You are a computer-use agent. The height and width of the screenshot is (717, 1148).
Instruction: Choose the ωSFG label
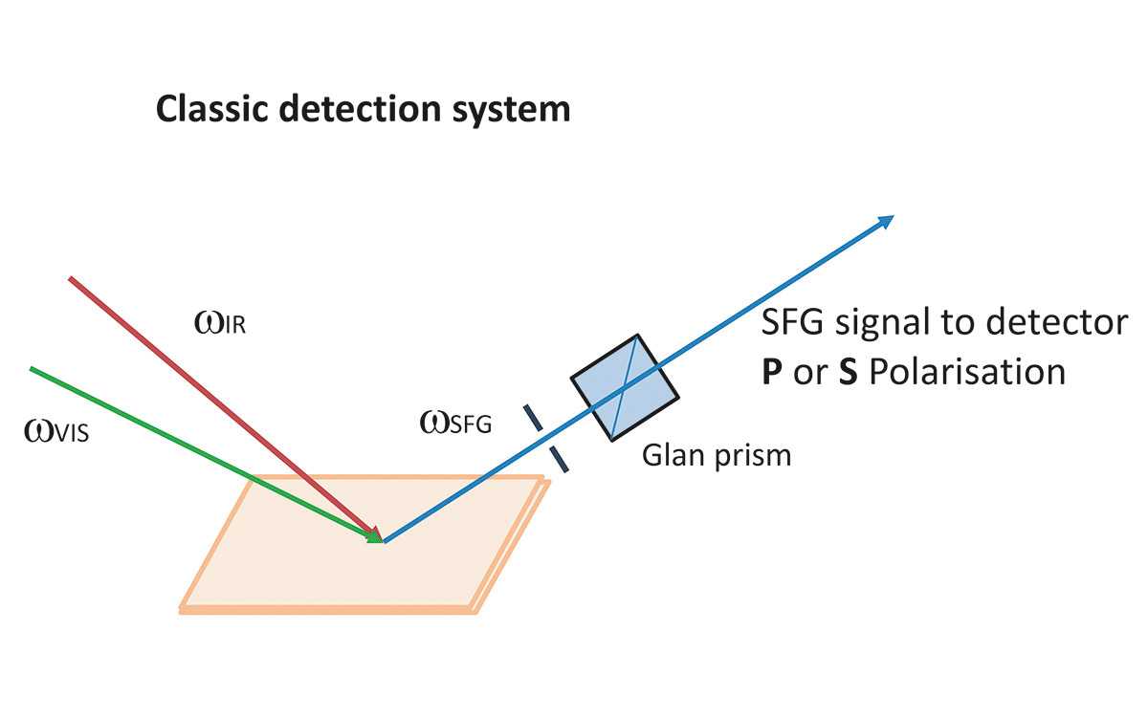[x=455, y=422]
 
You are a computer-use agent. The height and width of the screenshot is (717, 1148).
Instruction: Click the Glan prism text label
[x=716, y=454]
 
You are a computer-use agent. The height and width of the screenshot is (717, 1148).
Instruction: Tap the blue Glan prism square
[x=625, y=386]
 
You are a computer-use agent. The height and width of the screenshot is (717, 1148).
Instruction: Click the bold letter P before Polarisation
[x=771, y=371]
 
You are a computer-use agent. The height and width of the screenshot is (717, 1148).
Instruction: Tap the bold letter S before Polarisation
[x=848, y=371]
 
